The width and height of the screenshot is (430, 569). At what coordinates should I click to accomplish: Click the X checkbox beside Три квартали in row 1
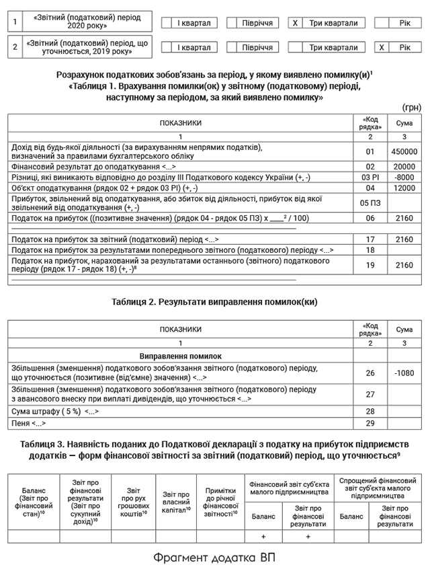294,23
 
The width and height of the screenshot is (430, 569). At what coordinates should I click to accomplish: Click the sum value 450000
404,152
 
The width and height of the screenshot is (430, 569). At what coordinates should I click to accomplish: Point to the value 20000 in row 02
404,166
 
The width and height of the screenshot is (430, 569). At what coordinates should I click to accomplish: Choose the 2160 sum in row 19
404,265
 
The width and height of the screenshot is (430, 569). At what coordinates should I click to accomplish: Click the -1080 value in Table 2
404,373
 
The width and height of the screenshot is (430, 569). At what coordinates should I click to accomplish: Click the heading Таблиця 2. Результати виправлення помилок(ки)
214,302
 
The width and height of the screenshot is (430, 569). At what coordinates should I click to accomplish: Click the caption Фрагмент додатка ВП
214,558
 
